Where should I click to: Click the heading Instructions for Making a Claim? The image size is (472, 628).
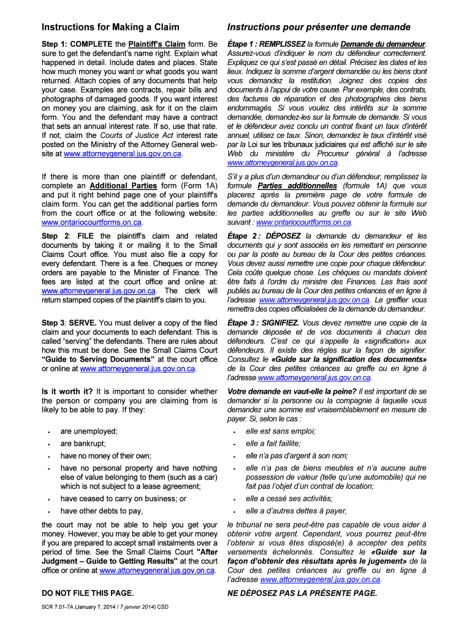pos(110,28)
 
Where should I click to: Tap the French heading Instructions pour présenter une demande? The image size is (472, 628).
pos(319,28)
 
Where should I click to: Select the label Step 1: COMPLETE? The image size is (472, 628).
pos(75,45)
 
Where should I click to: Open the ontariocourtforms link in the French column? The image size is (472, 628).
pos(304,222)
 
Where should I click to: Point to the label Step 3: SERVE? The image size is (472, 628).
pos(69,323)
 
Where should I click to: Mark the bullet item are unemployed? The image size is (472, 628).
pos(89,431)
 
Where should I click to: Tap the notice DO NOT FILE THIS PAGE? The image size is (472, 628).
pos(88,593)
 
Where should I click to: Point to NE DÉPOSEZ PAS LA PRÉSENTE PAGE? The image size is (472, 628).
pos(302,593)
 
